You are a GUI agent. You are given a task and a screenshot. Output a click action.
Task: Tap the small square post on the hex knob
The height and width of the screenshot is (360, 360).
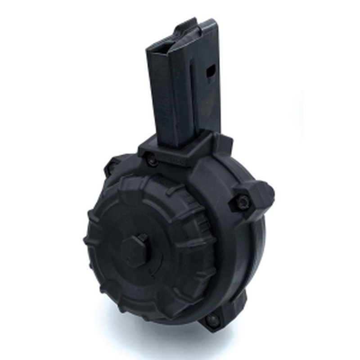(x=143, y=238)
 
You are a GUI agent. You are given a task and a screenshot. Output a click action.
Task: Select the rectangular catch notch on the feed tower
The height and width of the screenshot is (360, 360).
(x=210, y=72)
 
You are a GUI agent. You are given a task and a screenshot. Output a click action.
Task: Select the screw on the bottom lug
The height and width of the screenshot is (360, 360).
(x=211, y=320)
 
